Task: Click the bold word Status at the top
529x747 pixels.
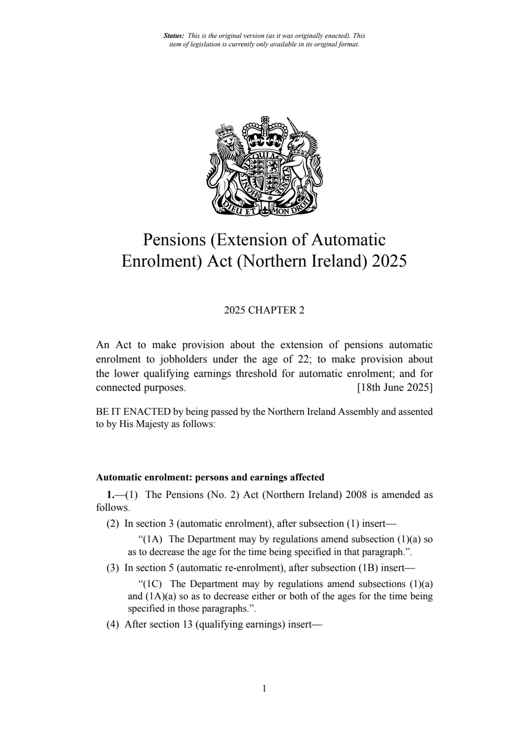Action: point(173,36)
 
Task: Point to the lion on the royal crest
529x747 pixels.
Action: point(228,163)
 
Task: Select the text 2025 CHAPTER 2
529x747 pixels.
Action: point(264,310)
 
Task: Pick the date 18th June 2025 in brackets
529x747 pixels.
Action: point(394,388)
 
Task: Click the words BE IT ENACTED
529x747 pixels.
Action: point(133,412)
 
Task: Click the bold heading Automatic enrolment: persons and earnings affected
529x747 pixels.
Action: point(210,477)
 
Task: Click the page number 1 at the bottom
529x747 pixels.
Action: point(264,688)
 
